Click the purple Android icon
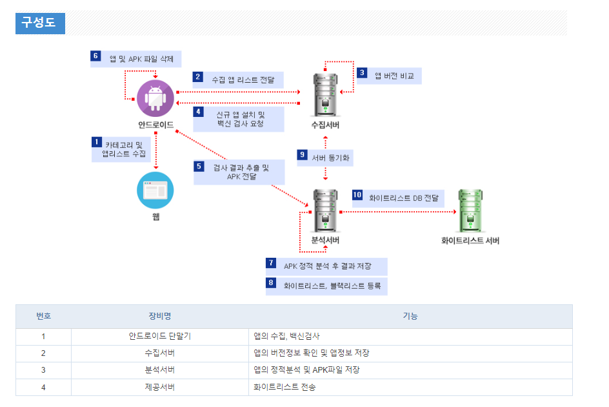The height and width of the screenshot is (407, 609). click(x=155, y=99)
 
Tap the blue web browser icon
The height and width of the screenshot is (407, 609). click(x=155, y=190)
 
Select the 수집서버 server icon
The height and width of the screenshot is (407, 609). click(x=325, y=94)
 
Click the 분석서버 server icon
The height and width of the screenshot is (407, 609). click(x=325, y=211)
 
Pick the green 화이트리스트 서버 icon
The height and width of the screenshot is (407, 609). click(x=470, y=211)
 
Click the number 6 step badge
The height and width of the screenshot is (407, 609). click(x=95, y=56)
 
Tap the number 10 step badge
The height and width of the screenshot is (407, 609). click(x=357, y=195)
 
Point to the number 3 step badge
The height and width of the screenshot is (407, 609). click(x=362, y=73)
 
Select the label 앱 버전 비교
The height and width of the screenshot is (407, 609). click(x=394, y=76)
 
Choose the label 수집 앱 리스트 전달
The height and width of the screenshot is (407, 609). click(x=243, y=79)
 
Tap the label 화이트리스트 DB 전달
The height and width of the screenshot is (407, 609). click(x=404, y=198)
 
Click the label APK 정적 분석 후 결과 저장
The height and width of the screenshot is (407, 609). click(x=332, y=266)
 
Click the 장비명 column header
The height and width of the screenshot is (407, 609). click(x=159, y=316)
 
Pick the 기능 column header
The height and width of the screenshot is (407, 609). click(x=410, y=316)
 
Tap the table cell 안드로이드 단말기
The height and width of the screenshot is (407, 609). click(x=159, y=337)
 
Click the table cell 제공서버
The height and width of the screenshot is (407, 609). click(x=159, y=387)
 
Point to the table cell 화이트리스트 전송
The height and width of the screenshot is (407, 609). click(x=285, y=387)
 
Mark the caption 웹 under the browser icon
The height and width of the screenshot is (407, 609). click(x=155, y=217)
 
